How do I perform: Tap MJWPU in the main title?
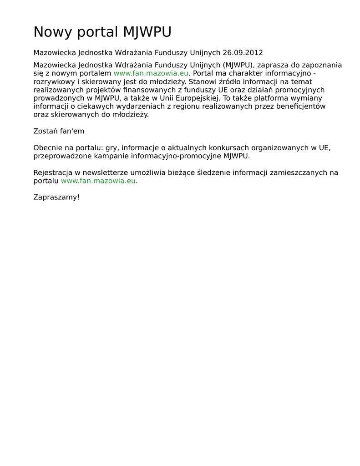147,32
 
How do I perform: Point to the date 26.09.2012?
243,53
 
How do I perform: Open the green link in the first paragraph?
151,73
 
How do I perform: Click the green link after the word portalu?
98,181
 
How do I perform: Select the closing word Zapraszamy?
56,198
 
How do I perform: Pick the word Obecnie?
48,148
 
